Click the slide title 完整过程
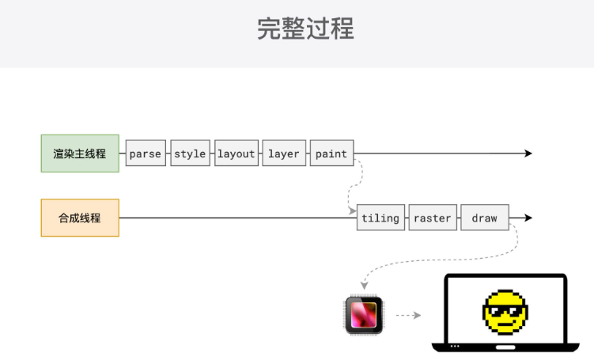point(305,29)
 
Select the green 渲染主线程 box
point(80,153)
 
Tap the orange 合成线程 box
point(80,218)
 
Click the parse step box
point(146,153)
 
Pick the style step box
point(190,153)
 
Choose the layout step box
point(236,153)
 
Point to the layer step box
point(284,153)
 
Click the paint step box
point(331,153)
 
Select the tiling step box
point(380,218)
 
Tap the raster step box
point(433,218)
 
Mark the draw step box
point(484,218)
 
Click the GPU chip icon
point(364,315)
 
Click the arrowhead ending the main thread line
point(528,153)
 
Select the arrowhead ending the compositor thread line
point(528,218)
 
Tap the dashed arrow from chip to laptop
point(407,315)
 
